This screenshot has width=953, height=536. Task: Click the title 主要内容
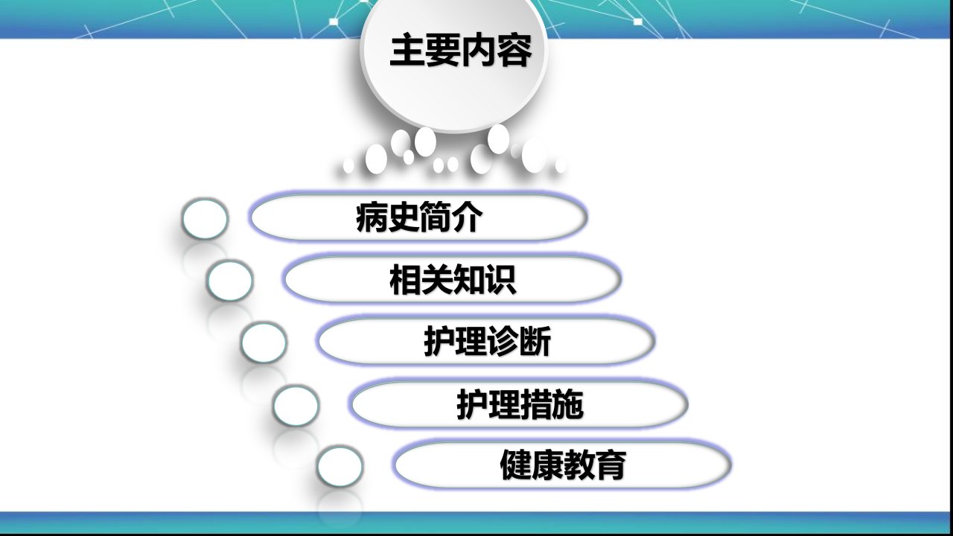(461, 50)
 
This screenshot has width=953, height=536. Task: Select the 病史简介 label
(419, 217)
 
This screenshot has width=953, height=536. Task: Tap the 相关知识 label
(453, 279)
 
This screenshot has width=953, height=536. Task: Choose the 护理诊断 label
(487, 341)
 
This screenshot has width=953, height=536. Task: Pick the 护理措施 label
(520, 404)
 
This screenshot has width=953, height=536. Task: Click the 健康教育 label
(563, 465)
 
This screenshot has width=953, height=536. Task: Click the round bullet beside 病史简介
(205, 219)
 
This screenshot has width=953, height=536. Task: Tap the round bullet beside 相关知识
(230, 281)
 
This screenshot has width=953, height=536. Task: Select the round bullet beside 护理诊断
(264, 343)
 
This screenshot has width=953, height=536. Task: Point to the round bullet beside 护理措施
(296, 406)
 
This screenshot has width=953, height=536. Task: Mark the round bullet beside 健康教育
(340, 467)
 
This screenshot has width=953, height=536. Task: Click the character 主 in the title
(407, 50)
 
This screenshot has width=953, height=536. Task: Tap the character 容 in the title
(514, 50)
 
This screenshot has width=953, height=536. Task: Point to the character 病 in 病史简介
(372, 217)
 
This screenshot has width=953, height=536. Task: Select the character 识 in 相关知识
(501, 279)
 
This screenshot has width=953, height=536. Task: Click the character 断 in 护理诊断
(535, 341)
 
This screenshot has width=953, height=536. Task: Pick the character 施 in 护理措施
(568, 404)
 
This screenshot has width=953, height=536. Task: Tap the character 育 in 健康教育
(611, 465)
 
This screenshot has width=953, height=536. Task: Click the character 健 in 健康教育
(515, 465)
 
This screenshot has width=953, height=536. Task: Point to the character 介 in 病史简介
(468, 217)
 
